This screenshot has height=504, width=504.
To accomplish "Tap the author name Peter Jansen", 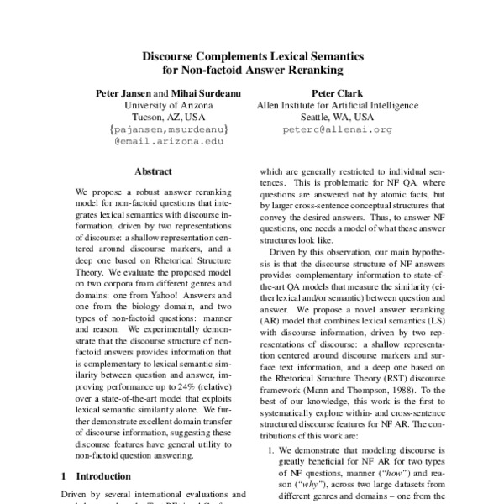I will [x=124, y=90].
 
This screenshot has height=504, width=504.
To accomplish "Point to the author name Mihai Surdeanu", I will [x=202, y=90].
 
